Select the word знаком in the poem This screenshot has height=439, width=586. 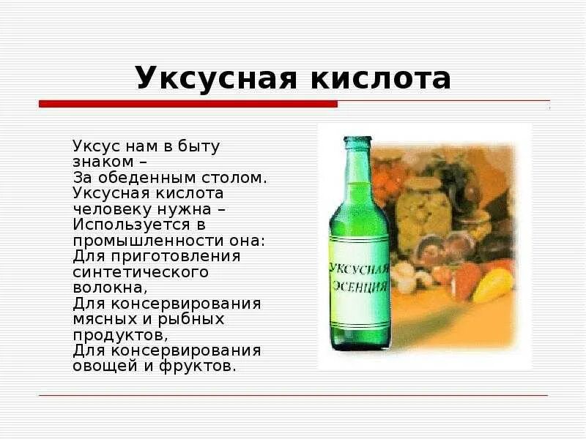(x=103, y=161)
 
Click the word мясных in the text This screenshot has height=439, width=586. (x=102, y=319)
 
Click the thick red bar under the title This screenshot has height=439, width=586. (x=188, y=104)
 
